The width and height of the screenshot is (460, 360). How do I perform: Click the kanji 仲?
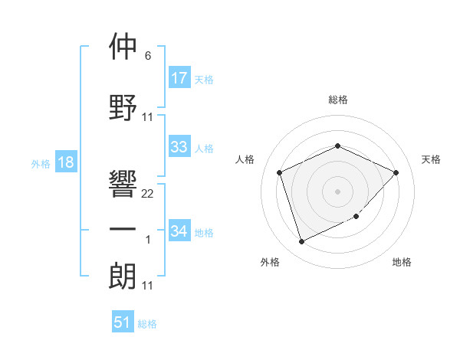[x=123, y=47]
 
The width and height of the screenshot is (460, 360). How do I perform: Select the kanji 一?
[x=123, y=231]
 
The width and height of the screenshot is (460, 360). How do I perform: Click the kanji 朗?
[x=123, y=276]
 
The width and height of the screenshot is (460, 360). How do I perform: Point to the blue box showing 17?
[x=179, y=77]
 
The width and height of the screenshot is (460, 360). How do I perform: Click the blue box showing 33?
[x=179, y=147]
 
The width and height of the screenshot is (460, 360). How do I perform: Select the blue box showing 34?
[x=179, y=231]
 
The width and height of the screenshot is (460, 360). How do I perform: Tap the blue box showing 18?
[x=65, y=162]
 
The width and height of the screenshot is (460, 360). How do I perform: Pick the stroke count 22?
[x=148, y=194]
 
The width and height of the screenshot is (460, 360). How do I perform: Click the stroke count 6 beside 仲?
[x=148, y=56]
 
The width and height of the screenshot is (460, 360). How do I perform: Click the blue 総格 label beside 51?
[x=147, y=324]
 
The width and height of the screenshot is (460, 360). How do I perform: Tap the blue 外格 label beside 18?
[x=41, y=163]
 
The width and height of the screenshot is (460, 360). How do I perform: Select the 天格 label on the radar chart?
[x=431, y=159]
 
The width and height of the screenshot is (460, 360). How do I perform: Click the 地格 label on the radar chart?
[x=402, y=262]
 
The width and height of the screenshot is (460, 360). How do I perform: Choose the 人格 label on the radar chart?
[x=245, y=159]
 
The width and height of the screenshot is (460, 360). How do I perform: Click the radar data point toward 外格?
[x=301, y=242]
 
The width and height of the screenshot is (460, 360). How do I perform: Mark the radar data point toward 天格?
[x=396, y=172]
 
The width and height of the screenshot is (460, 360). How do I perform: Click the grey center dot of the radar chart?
[x=337, y=191]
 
